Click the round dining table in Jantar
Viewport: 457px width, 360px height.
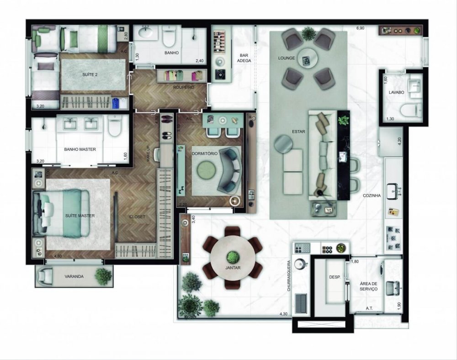[x=233, y=258]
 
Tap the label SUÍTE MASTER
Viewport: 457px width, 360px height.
[x=80, y=215]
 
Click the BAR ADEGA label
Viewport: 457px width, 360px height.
[x=244, y=58]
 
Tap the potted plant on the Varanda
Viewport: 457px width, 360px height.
[x=103, y=276]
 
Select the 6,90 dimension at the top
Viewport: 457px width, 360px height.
[x=360, y=28]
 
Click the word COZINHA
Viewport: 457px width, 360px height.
[x=372, y=195]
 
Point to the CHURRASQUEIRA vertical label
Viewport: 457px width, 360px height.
[x=289, y=276]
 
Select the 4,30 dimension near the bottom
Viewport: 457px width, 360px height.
[x=284, y=314]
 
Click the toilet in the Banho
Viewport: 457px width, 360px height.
[x=169, y=38]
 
